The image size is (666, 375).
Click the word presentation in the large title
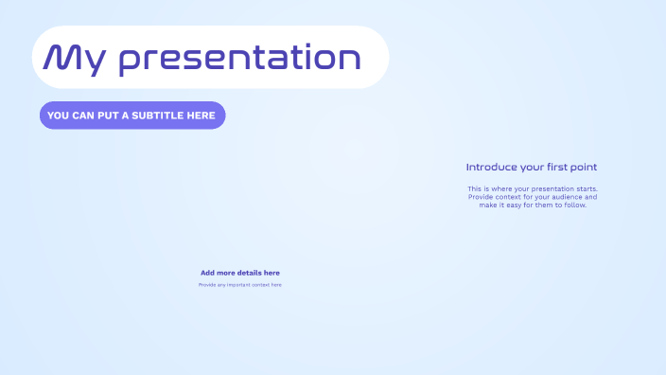[239, 59]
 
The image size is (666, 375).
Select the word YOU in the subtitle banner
[59, 116]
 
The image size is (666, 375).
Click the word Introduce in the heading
[491, 168]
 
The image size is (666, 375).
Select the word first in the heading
[554, 168]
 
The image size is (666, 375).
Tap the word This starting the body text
[475, 189]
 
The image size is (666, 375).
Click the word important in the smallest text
[238, 285]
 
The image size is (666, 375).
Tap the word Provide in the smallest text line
[207, 285]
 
